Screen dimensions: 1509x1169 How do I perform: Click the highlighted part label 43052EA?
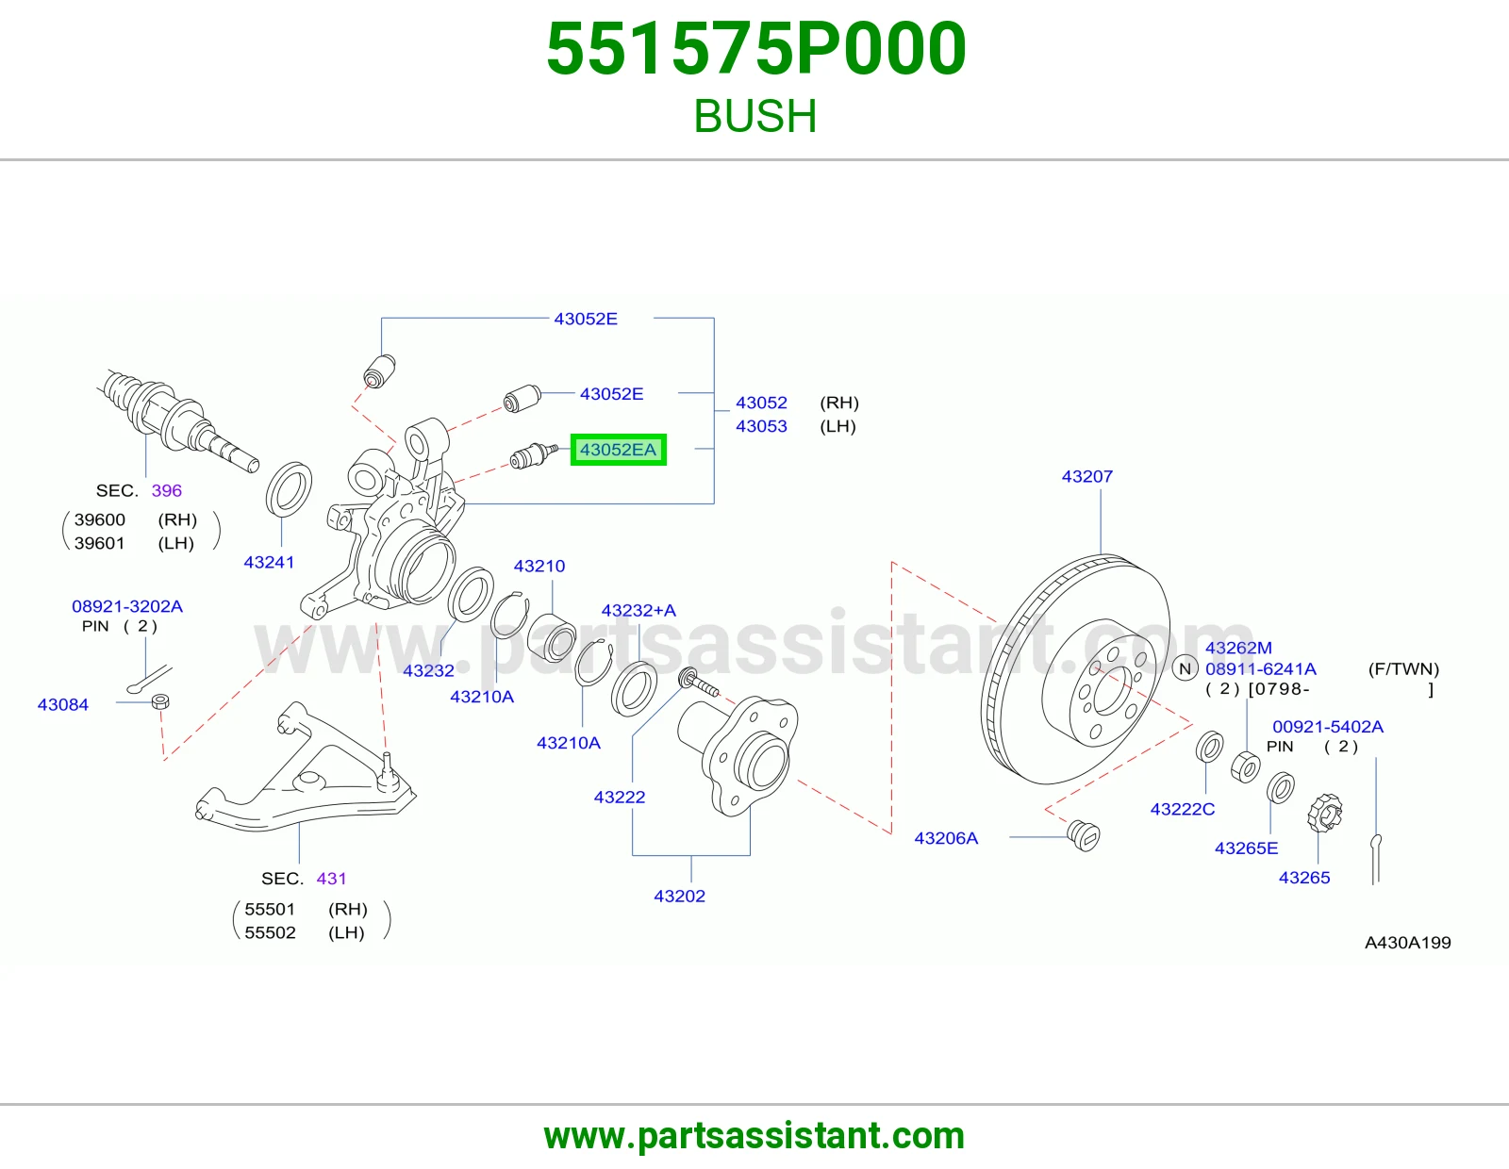(618, 450)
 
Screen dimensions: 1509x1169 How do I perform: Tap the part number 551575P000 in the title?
(755, 49)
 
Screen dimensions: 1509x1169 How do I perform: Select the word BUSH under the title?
(754, 116)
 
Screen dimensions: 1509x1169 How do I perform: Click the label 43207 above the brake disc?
(1086, 476)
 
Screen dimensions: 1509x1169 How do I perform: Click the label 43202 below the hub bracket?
(679, 896)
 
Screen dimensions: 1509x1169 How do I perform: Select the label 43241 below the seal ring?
(269, 562)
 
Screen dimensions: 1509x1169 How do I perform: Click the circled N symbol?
(1185, 668)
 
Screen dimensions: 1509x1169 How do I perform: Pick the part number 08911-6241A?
(1260, 668)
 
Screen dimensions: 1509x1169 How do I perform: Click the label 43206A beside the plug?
(946, 838)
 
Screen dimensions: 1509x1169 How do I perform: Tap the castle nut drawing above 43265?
(1324, 814)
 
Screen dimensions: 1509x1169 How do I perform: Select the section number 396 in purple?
(167, 491)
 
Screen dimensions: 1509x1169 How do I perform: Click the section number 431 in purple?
(331, 878)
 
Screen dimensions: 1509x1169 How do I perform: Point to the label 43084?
(63, 704)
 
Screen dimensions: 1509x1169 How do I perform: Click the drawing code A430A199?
(1407, 943)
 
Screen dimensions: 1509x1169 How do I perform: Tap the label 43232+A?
(638, 610)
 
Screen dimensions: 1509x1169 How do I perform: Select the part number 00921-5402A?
(1328, 727)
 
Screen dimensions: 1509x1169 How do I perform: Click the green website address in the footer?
(754, 1136)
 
